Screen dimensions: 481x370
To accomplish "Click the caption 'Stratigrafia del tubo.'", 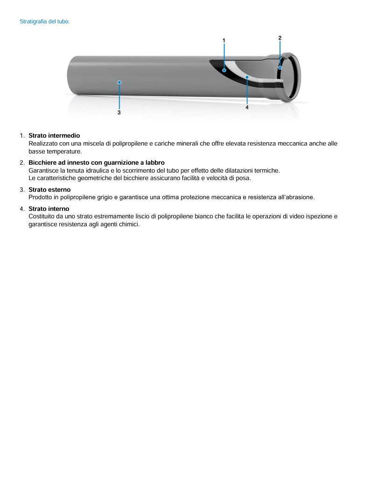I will click(45, 21).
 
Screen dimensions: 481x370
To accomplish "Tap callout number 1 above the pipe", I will click(224, 41).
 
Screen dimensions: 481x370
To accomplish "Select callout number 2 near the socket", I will click(280, 37).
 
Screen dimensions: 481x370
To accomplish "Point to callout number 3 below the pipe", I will click(119, 112).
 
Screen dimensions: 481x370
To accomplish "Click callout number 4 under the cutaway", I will click(247, 107).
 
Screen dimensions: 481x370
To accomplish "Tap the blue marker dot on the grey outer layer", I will click(120, 82).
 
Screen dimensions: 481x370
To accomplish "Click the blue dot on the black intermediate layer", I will click(224, 70).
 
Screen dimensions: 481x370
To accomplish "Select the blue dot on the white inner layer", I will click(247, 77).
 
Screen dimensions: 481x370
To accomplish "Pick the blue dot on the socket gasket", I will click(280, 68).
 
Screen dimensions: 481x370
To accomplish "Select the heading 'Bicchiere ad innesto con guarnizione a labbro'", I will click(97, 162).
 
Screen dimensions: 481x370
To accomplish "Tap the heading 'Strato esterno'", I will click(49, 189).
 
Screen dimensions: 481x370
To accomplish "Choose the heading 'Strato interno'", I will click(49, 209).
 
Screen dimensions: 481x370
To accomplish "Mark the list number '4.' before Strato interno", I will click(22, 209).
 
